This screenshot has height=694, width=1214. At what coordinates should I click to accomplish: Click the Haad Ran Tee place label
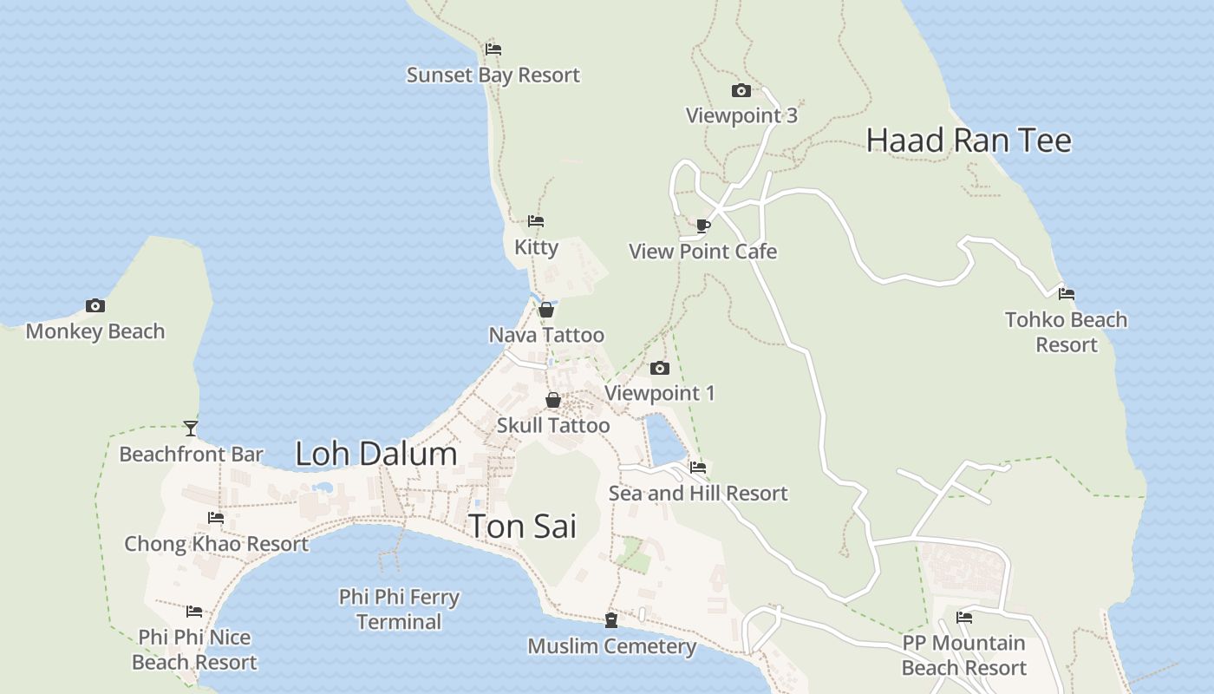[969, 141]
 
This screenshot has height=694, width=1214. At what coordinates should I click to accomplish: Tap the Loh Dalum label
[375, 454]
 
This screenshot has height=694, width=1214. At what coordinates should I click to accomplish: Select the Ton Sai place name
[522, 527]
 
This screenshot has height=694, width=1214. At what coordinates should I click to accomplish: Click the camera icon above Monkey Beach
[95, 305]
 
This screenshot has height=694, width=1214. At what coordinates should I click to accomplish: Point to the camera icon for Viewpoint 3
[741, 90]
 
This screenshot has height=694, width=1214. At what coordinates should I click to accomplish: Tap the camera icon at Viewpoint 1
[659, 368]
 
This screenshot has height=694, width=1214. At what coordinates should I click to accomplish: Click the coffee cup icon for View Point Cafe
[703, 226]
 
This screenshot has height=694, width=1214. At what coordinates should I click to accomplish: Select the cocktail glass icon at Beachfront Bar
[191, 429]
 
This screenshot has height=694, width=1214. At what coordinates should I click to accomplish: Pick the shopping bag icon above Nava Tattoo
[546, 310]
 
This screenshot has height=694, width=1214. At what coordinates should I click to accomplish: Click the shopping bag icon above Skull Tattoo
[552, 400]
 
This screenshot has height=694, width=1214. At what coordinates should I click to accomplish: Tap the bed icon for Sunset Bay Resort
[493, 49]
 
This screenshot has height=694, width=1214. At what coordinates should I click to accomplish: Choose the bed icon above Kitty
[536, 221]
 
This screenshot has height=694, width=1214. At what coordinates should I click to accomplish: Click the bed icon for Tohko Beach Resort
[1067, 294]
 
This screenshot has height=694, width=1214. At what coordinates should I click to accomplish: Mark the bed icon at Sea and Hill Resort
[698, 468]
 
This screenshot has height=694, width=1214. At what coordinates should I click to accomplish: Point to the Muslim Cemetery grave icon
[611, 620]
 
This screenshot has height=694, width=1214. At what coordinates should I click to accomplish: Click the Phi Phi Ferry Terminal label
[399, 609]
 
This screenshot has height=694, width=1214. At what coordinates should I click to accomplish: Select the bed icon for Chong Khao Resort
[216, 518]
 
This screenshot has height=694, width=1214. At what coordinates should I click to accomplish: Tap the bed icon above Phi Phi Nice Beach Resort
[194, 612]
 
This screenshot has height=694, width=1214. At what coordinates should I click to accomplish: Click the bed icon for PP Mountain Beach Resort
[963, 618]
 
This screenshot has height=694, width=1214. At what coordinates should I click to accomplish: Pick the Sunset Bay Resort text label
[493, 75]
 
